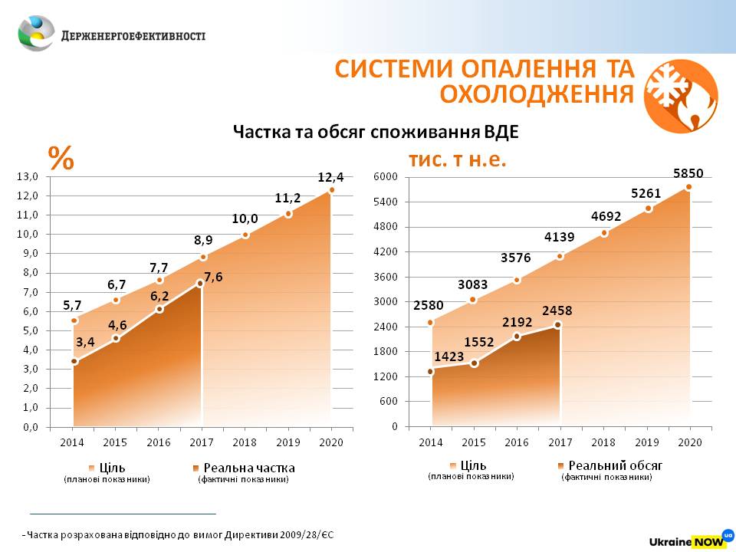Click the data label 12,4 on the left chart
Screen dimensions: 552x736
(330, 178)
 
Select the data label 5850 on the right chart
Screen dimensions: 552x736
(688, 173)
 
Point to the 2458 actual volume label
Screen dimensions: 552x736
(557, 311)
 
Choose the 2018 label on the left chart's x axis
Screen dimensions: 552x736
(245, 442)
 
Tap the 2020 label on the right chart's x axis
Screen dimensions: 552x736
(689, 442)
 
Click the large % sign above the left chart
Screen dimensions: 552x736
(61, 158)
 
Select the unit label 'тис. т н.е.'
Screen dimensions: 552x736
(458, 160)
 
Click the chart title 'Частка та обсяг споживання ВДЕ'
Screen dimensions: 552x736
(376, 132)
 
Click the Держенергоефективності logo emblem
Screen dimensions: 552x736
(36, 34)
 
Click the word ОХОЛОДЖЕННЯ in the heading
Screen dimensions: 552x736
(537, 94)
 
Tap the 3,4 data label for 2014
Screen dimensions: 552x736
(84, 342)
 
